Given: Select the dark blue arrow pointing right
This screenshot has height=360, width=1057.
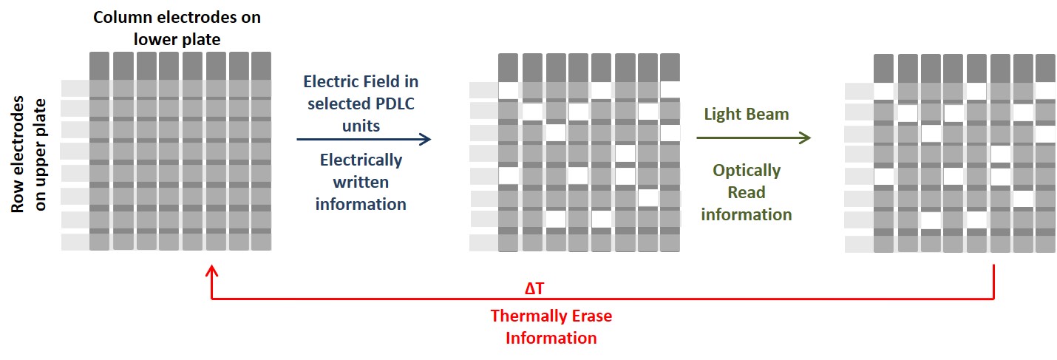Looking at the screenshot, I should click(x=362, y=138).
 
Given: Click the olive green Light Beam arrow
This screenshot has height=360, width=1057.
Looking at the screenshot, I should click(x=753, y=137).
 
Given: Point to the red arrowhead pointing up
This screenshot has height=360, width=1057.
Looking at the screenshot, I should click(x=213, y=273).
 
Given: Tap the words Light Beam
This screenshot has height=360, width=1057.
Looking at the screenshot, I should click(x=746, y=114).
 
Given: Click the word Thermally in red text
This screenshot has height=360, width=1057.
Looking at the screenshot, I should click(x=523, y=316).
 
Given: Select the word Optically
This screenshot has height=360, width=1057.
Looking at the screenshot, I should click(x=746, y=171).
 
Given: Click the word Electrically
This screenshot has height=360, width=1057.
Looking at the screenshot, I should click(x=361, y=160).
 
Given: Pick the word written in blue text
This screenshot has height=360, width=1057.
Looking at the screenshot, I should click(x=361, y=182).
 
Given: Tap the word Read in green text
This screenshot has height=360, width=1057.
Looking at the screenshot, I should click(x=746, y=193).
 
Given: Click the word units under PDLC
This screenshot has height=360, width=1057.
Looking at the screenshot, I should click(x=361, y=126).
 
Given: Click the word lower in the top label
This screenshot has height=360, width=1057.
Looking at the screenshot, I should click(x=154, y=38).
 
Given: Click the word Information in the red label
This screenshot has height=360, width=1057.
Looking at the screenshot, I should click(x=551, y=338).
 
